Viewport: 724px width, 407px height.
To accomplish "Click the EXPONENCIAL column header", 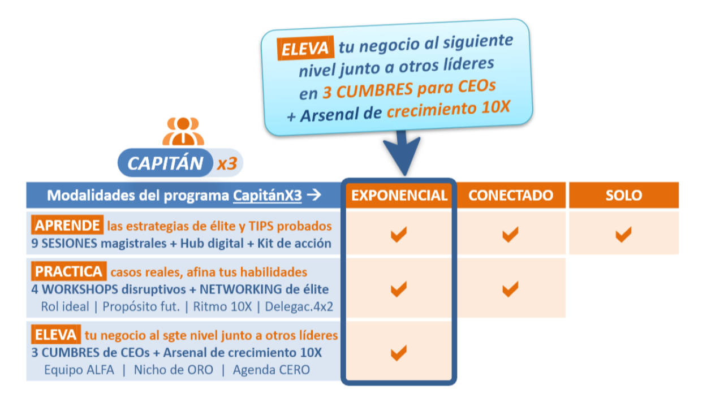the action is [399, 196].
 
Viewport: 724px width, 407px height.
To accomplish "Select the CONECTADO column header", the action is [510, 196].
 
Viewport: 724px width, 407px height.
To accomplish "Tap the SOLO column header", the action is [623, 196].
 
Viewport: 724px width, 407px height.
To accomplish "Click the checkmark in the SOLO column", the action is [623, 233].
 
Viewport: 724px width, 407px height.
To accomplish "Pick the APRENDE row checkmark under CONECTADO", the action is [510, 233].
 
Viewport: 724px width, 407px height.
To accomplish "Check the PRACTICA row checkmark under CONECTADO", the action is [510, 289].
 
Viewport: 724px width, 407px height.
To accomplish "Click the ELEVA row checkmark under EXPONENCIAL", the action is [399, 353].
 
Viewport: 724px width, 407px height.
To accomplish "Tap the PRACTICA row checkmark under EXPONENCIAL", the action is [399, 289].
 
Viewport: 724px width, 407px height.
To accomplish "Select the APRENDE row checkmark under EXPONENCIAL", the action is [399, 233].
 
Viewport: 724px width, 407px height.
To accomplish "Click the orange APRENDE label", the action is [67, 226].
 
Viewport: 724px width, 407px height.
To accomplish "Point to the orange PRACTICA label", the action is [69, 271].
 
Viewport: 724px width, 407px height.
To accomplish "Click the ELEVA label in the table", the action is [56, 335].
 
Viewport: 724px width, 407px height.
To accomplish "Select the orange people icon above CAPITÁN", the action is [182, 131].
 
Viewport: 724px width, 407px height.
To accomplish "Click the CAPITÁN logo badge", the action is [165, 163].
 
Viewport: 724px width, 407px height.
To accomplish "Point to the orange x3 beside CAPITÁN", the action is [226, 164].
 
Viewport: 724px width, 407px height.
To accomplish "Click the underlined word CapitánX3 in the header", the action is [267, 196].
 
